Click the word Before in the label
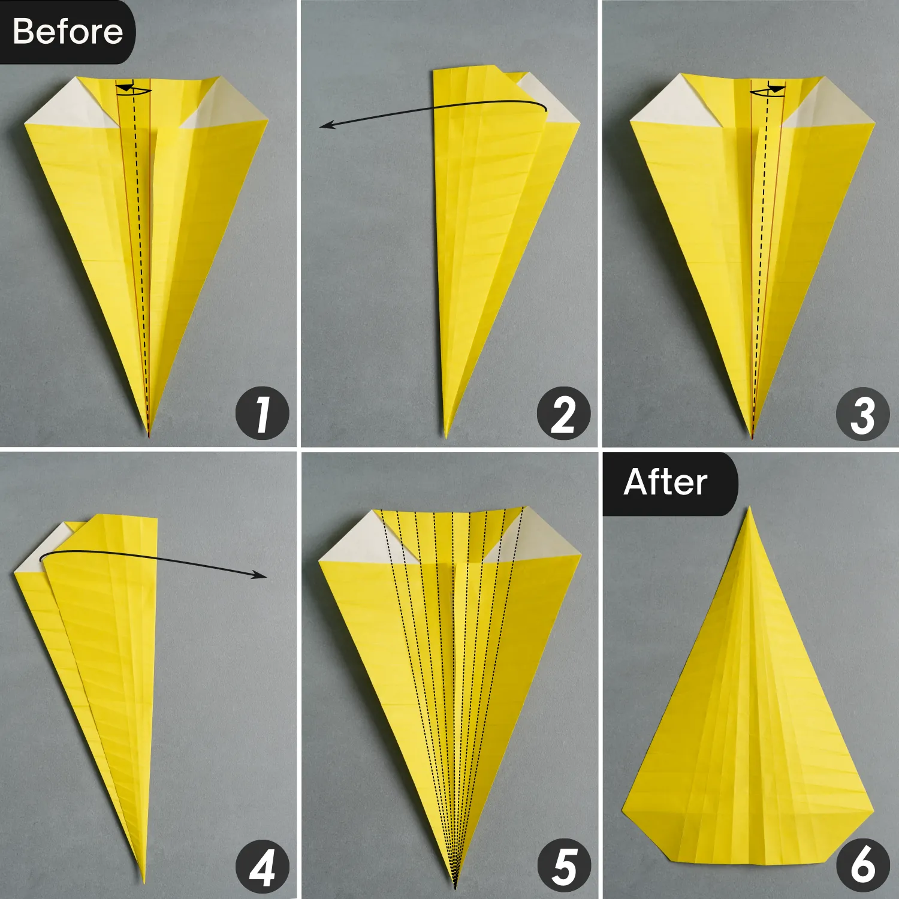click(67, 31)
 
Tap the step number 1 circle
click(262, 414)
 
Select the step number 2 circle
click(563, 414)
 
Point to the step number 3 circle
click(862, 414)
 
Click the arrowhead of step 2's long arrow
click(324, 125)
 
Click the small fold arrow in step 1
click(133, 89)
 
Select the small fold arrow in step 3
click(768, 90)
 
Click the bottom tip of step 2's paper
click(446, 436)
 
